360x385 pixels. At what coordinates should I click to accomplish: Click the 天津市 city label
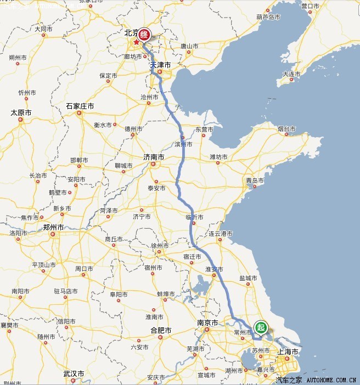point(161,65)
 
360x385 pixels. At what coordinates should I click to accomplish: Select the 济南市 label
point(154,157)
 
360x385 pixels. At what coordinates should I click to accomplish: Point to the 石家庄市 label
point(80,106)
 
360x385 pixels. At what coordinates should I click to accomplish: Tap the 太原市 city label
point(21,112)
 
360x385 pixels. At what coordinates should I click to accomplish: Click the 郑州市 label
point(53,227)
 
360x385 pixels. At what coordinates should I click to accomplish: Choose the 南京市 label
point(208,322)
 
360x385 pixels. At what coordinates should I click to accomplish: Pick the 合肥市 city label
point(161,330)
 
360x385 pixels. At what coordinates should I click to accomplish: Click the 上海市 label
point(288,351)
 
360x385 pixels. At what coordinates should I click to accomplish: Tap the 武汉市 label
point(74,373)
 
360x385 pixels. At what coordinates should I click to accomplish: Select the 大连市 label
point(291,74)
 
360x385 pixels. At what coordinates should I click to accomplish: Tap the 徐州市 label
point(160,245)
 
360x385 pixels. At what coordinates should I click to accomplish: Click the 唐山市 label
point(189,46)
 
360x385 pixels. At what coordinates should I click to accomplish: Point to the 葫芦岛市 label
point(268,18)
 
